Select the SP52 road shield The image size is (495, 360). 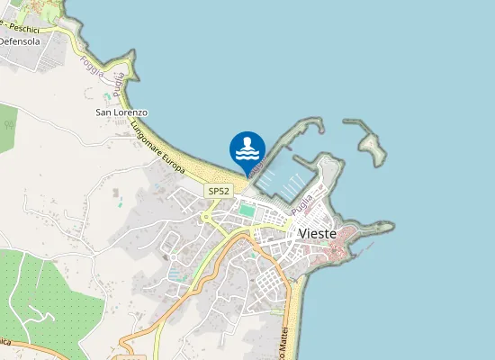(219, 191)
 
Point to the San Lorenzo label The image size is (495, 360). (121, 112)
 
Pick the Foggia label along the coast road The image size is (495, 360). (91, 66)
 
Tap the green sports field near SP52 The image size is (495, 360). (247, 211)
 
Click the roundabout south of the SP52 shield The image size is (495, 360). (209, 216)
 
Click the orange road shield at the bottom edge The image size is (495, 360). (131, 356)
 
